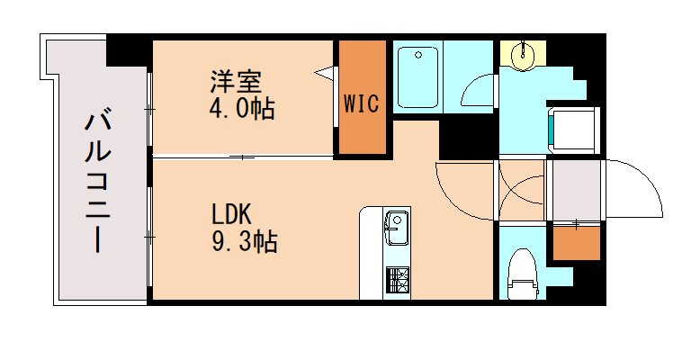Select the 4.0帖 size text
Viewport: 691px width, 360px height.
click(238, 109)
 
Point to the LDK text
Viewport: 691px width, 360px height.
click(232, 216)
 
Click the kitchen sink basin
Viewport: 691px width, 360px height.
click(396, 222)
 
